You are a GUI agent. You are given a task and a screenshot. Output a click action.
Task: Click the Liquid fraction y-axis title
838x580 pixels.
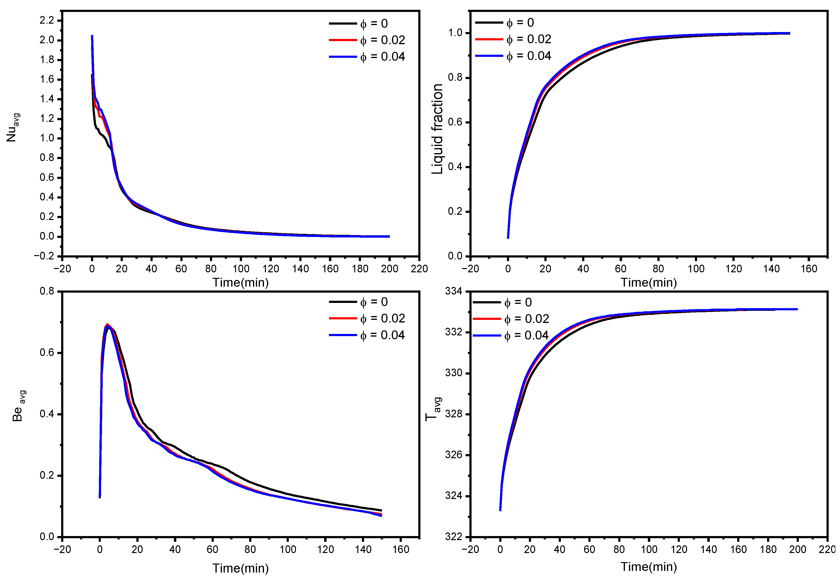437,129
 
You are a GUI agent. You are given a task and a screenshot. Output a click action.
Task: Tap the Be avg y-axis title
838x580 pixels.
18,406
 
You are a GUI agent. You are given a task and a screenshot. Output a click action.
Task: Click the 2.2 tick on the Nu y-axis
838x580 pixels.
47,20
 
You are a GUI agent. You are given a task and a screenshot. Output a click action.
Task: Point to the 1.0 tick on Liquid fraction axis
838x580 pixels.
455,33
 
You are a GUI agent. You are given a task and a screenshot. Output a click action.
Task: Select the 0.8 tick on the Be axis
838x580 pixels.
47,291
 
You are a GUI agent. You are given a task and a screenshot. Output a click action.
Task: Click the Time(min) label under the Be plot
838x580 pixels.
240,568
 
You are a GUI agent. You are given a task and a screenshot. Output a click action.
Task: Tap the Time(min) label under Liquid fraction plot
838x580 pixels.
649,282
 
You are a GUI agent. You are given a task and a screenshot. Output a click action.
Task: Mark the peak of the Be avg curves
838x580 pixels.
107,325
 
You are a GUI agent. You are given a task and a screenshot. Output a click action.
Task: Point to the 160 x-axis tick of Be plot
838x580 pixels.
401,549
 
